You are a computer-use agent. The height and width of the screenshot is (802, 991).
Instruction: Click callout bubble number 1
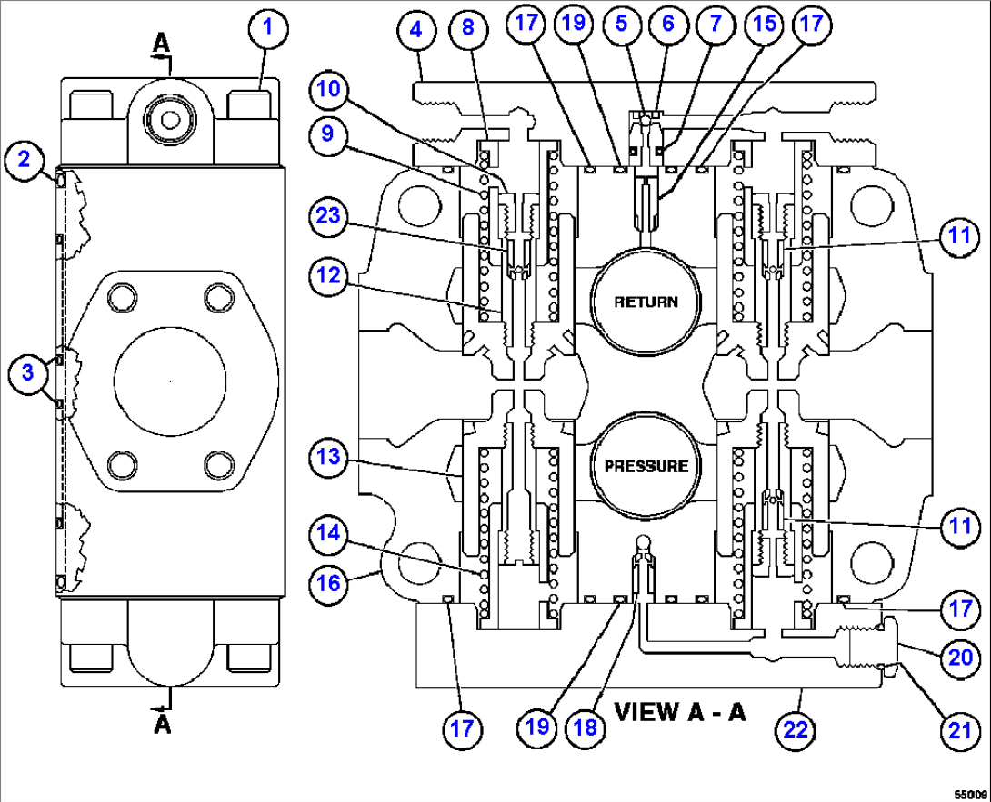coord(268,27)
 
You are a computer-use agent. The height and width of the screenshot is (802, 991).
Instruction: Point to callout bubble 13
coord(329,454)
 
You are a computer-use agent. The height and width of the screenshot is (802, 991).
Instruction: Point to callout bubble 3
coord(27,371)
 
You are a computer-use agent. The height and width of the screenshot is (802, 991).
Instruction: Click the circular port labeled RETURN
coord(645,301)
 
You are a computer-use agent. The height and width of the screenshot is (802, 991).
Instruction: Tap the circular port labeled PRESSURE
coord(645,466)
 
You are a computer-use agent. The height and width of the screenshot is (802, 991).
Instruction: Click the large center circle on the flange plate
coord(170,373)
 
